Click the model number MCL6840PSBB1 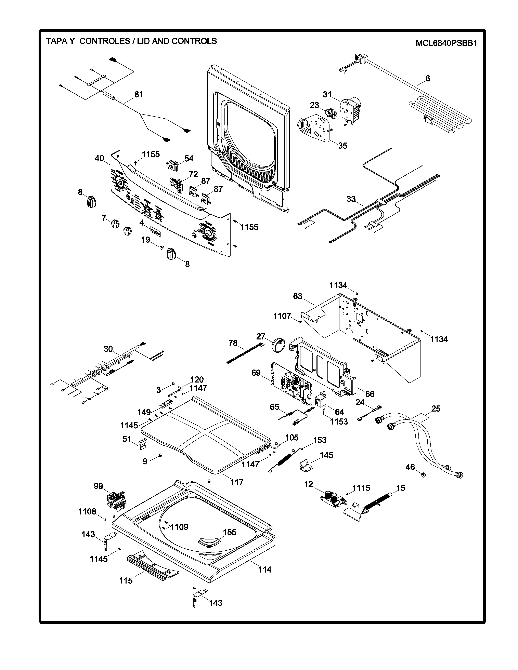point(446,43)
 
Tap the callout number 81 point(139,94)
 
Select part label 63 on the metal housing point(298,296)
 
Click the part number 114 point(264,570)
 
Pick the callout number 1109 point(180,527)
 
